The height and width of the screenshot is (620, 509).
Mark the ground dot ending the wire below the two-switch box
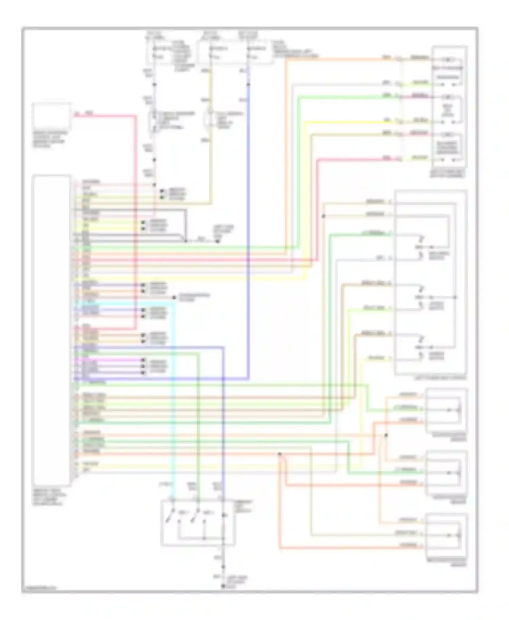coord(223,586)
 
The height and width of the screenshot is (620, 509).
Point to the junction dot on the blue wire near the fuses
coord(249,84)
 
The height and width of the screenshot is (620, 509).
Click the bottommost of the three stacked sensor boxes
coord(446,535)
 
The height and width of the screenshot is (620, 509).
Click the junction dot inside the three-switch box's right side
coord(455,297)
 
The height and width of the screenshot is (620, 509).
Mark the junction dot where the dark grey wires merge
coord(185,241)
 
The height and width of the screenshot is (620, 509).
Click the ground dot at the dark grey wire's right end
coord(218,241)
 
